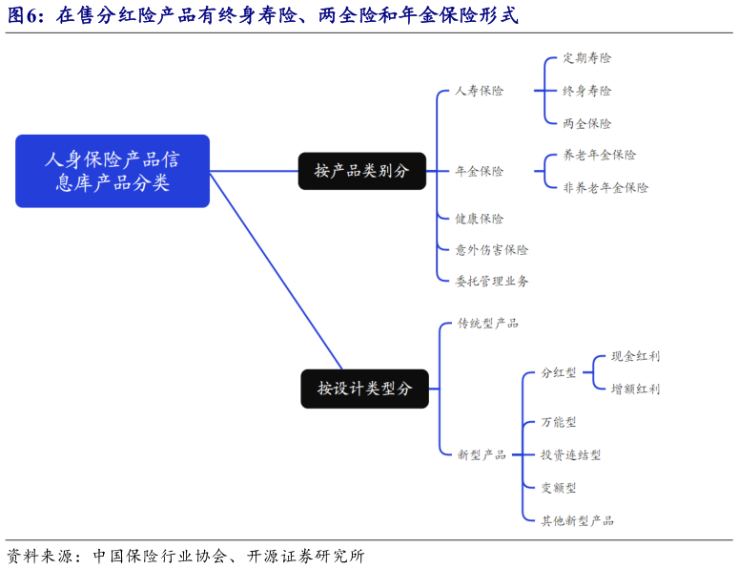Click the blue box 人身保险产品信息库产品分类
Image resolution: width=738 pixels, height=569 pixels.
click(113, 171)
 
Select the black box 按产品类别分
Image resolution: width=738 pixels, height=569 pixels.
click(361, 171)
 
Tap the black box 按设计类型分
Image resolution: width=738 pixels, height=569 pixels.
click(364, 389)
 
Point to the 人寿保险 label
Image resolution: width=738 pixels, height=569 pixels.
click(479, 91)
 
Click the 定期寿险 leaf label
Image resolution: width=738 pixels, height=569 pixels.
click(586, 57)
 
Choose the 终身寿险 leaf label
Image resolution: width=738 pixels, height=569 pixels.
click(586, 91)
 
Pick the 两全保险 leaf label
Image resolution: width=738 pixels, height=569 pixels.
click(586, 123)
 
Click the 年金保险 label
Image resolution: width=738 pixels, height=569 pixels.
click(479, 171)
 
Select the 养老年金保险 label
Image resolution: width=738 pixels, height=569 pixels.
click(599, 155)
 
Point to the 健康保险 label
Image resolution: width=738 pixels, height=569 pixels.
click(479, 219)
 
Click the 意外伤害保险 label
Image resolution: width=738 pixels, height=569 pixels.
click(491, 249)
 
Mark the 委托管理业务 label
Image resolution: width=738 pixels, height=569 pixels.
click(491, 281)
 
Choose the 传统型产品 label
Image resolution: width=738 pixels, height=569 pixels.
click(487, 324)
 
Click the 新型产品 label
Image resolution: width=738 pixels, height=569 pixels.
click(482, 454)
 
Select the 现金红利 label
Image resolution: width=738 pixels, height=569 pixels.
click(635, 356)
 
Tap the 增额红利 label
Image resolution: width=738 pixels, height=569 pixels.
click(635, 389)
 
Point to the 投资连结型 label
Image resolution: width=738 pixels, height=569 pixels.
click(570, 454)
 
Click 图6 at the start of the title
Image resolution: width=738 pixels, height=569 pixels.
click(26, 16)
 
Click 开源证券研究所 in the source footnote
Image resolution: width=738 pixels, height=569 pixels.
click(306, 556)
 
